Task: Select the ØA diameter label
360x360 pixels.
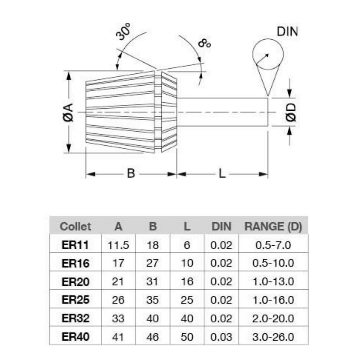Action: [x=69, y=112]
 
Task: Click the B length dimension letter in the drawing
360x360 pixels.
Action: [x=131, y=173]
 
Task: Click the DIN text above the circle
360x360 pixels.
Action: [x=287, y=32]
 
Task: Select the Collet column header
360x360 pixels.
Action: [x=75, y=227]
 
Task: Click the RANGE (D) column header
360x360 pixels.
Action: [x=273, y=227]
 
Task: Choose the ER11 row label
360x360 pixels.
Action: [x=75, y=245]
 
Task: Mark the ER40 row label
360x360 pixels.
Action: [x=75, y=337]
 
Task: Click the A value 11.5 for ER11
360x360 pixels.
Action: [x=118, y=245]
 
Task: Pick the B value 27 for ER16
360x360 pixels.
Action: [x=153, y=263]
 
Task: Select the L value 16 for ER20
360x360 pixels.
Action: [x=187, y=282]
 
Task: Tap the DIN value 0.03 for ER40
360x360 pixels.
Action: [x=221, y=337]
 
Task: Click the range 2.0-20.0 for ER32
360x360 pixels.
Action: [x=273, y=318]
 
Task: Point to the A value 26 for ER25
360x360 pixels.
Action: [x=118, y=300]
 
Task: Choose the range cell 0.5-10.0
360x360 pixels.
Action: [x=273, y=263]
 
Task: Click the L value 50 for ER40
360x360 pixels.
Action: [x=187, y=337]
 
